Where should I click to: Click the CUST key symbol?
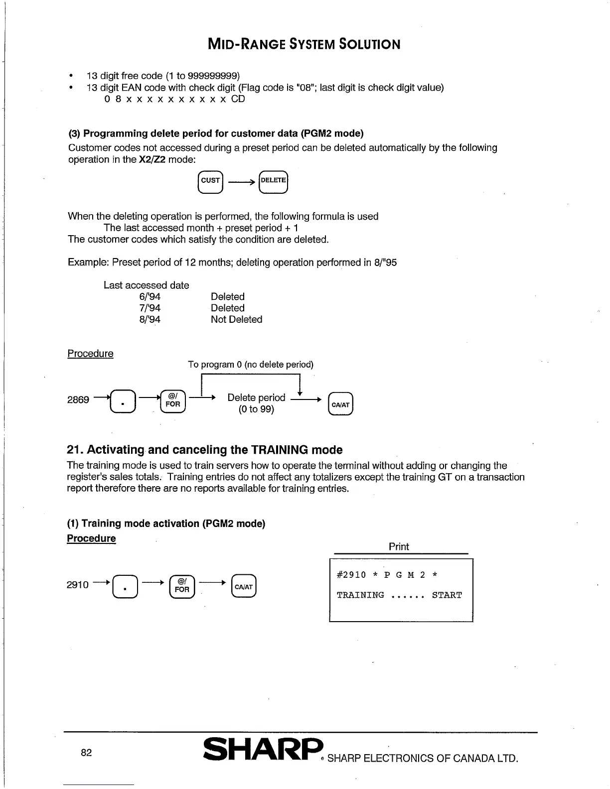211,181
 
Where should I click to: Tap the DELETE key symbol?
274,181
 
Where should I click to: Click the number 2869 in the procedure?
78,400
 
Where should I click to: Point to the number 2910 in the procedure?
78,585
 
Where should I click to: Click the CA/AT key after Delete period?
341,404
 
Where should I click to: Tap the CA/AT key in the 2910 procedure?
244,587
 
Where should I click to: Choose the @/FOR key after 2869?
173,401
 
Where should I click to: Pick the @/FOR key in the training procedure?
182,586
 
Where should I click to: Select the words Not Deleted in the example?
236,320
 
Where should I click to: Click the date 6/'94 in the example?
150,297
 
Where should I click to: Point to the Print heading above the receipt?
399,546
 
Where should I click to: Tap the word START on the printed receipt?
447,595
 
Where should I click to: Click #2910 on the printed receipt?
351,575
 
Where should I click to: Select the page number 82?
86,753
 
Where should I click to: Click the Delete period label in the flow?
256,397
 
